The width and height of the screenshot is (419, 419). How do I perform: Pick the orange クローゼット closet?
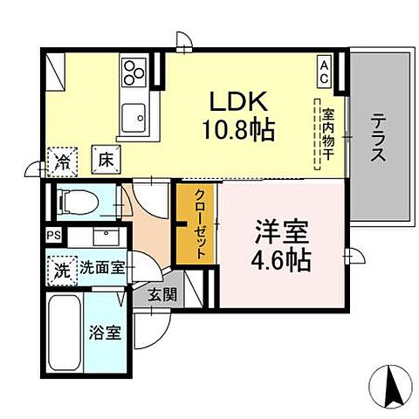(197, 223)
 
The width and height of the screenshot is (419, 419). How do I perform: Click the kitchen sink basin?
(135, 113)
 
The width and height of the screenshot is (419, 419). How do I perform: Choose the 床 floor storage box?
(102, 160)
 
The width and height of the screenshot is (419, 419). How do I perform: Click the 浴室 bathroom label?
(107, 333)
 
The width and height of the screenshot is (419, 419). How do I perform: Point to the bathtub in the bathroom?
(65, 334)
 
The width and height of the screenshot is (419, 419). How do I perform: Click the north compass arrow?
(390, 381)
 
